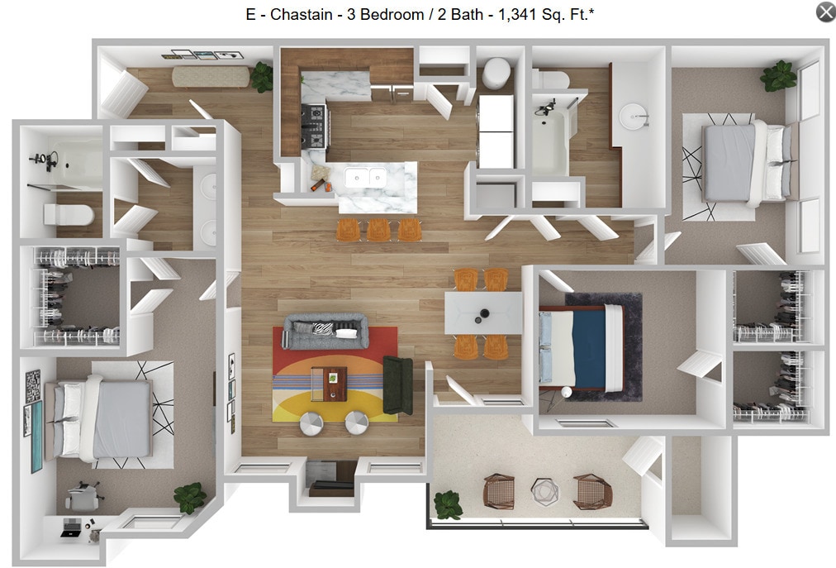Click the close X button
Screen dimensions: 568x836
tap(825, 12)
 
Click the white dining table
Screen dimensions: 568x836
tap(483, 313)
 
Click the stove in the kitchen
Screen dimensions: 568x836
tap(315, 126)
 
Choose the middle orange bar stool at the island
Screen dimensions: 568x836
tap(378, 229)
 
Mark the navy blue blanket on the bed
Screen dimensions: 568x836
tap(591, 348)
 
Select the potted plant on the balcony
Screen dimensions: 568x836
tap(448, 504)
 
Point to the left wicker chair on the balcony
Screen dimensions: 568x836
tap(499, 491)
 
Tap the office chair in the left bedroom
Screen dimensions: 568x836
tap(82, 497)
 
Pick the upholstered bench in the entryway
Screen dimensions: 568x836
tap(210, 77)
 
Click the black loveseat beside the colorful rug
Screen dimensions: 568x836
tap(397, 385)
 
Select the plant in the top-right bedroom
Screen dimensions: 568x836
tap(778, 76)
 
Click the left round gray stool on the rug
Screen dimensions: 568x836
tap(312, 422)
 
